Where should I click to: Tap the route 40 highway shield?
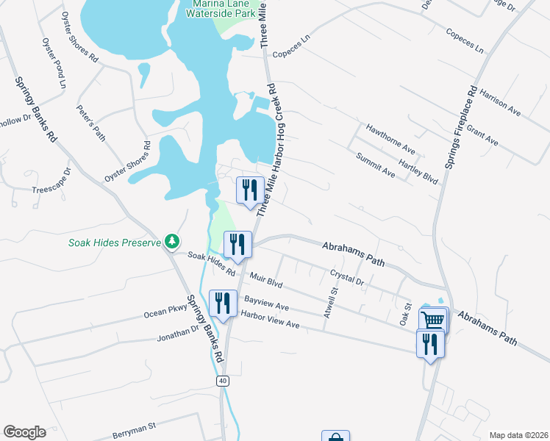[x=222, y=381]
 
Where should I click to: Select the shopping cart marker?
[x=433, y=320]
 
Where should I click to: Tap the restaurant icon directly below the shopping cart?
[x=430, y=343]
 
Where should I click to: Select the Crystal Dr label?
[x=347, y=276]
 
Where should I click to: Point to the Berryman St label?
[x=135, y=430]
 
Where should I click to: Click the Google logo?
[x=24, y=432]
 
